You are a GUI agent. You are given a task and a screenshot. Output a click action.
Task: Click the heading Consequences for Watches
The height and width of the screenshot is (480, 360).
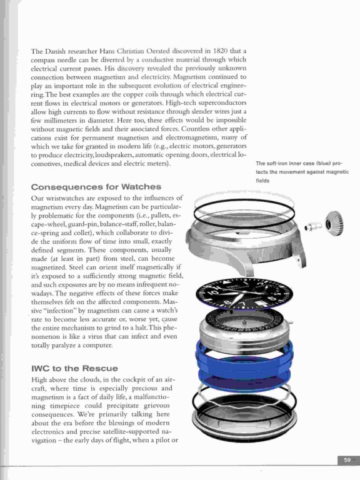(96, 187)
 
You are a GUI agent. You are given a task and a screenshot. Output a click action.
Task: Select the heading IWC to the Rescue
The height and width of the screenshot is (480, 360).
(74, 368)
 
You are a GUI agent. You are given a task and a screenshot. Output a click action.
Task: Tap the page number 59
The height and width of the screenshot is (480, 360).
(347, 460)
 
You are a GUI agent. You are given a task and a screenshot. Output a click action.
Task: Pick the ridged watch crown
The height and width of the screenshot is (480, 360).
(334, 225)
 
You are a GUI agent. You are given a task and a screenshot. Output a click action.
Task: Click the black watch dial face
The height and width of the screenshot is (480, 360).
(244, 294)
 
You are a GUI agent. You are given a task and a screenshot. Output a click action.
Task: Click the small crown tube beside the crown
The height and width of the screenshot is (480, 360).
(313, 226)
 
